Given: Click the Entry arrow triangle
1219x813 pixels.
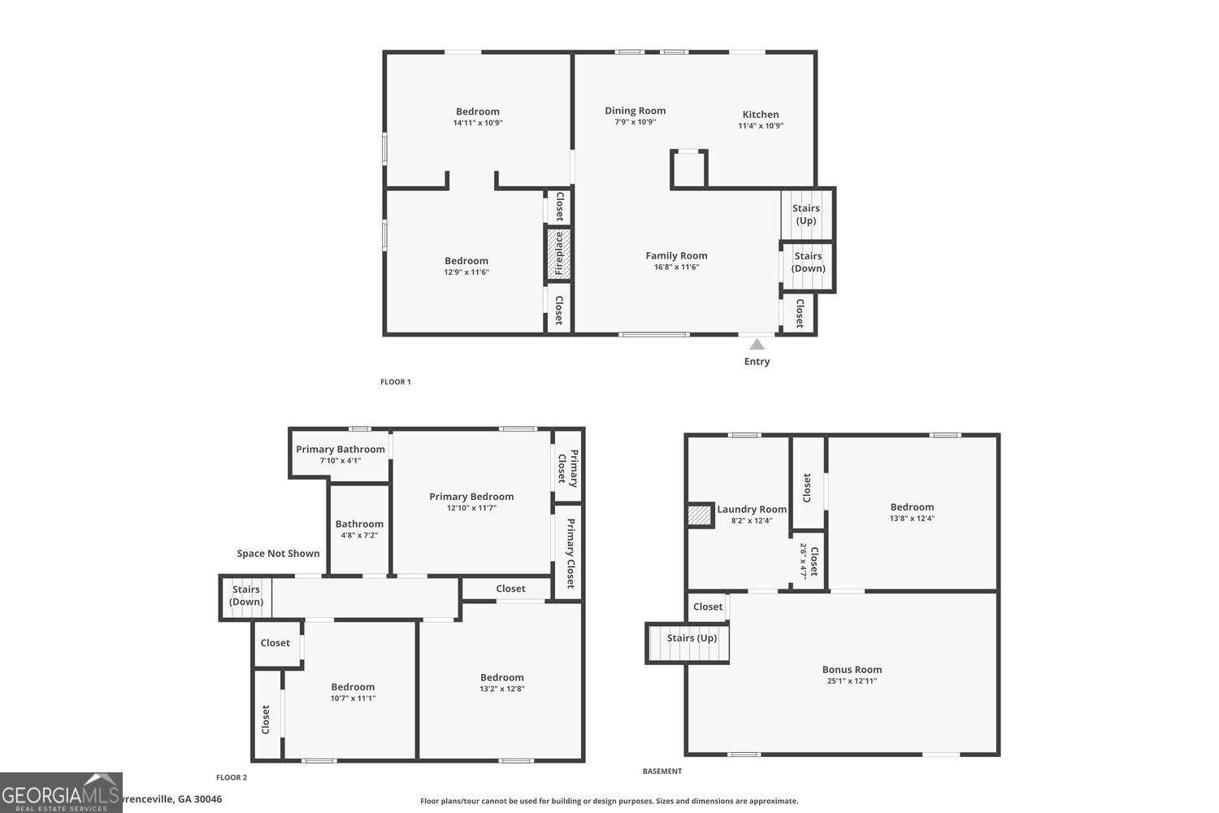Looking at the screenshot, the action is [757, 344].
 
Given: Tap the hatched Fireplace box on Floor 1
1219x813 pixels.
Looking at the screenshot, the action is [558, 254].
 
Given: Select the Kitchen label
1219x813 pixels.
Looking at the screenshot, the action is [760, 115].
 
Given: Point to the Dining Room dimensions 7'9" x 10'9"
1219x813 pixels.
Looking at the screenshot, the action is [635, 122].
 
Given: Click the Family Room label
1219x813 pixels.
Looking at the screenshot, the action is [676, 255].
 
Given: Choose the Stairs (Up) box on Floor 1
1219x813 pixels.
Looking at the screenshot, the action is [807, 214].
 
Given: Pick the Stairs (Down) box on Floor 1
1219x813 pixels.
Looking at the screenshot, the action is [807, 267].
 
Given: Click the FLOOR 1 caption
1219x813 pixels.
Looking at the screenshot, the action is [396, 382].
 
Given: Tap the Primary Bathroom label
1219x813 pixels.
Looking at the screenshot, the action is [341, 450].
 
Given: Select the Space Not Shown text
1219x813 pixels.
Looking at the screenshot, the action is [278, 554].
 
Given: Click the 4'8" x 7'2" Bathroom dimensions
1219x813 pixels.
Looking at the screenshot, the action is [359, 535].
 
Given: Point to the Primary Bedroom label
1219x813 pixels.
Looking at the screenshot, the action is [471, 497].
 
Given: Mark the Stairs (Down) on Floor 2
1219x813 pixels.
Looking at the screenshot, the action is [246, 598].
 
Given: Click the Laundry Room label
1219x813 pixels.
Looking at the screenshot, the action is [752, 509].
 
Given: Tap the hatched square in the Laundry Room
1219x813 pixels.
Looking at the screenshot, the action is [700, 515].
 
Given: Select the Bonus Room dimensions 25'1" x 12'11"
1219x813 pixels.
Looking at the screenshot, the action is [852, 680].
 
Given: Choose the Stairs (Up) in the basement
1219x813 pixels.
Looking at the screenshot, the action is [688, 644].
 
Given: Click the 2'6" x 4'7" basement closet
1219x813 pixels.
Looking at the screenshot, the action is [808, 561].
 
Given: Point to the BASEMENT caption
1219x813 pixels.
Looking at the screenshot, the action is [662, 771].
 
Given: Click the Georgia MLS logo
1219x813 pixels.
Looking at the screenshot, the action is [61, 793].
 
